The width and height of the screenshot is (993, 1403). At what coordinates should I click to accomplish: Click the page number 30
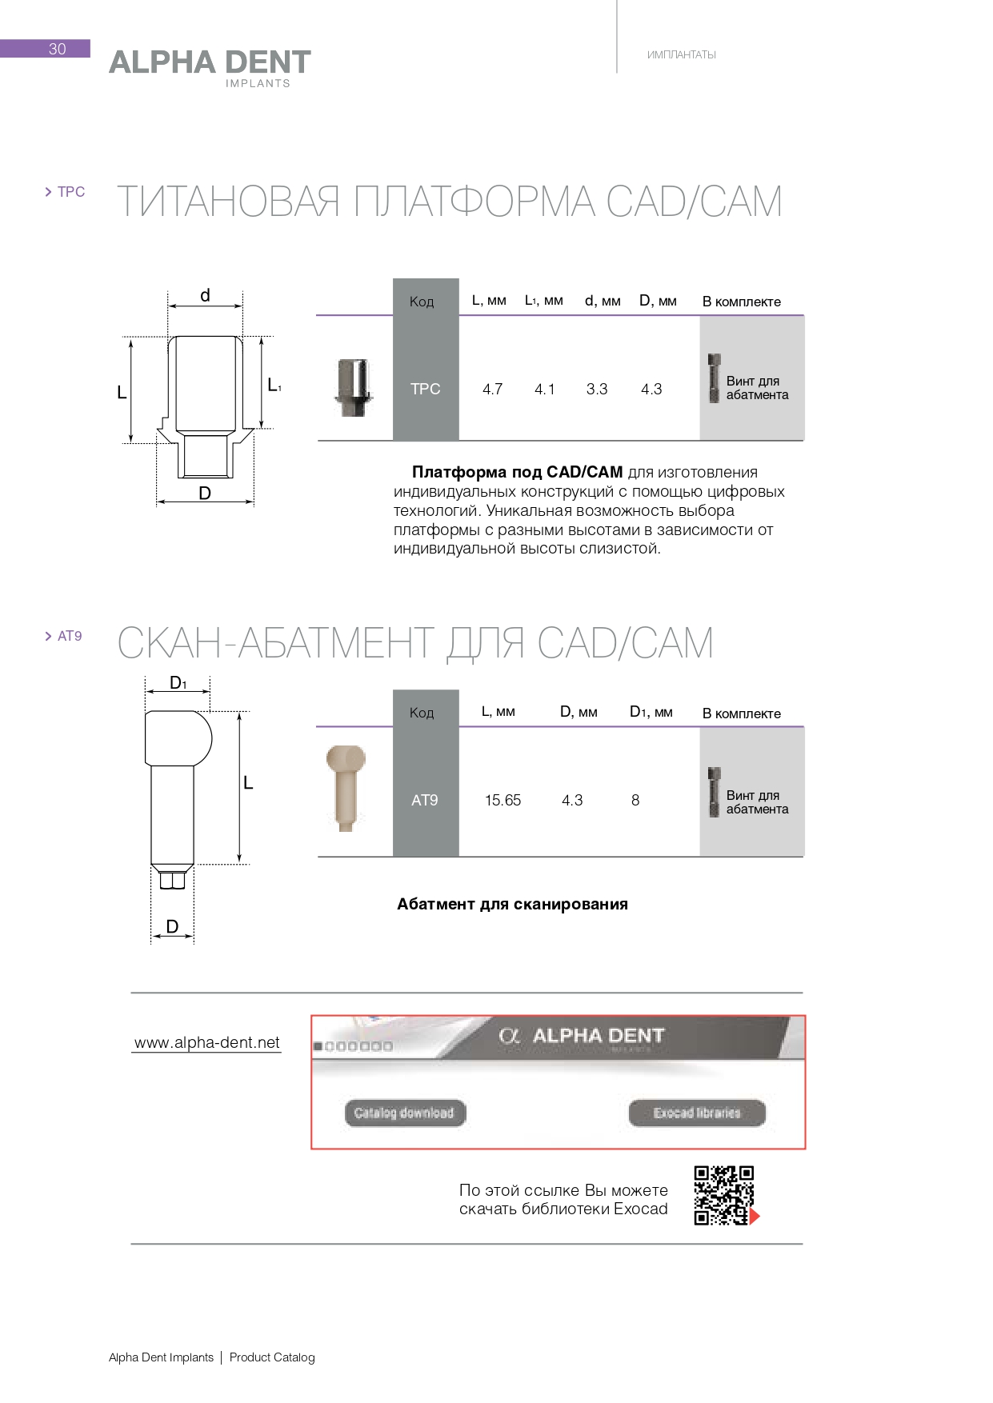click(57, 49)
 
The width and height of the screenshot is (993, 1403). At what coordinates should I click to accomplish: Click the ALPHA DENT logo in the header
click(210, 64)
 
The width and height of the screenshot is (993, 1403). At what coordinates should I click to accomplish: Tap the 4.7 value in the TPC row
click(492, 390)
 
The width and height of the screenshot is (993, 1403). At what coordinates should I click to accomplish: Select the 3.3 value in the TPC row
click(597, 390)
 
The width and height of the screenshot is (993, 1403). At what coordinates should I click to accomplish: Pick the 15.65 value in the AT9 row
click(503, 801)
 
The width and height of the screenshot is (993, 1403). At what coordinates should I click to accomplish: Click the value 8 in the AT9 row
click(635, 801)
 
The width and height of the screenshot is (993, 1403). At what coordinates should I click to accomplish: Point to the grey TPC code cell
click(426, 389)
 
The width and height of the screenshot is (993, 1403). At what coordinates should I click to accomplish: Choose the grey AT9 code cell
click(425, 800)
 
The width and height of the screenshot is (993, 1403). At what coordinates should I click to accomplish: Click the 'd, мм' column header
click(603, 301)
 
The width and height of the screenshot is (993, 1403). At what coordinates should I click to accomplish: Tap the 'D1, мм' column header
click(651, 712)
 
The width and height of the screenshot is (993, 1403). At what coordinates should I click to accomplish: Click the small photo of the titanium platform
click(354, 388)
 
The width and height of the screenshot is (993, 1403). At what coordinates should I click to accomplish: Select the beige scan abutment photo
click(346, 788)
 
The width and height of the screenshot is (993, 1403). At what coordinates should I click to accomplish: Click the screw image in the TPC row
click(715, 378)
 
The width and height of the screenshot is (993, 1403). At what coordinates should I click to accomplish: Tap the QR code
click(724, 1196)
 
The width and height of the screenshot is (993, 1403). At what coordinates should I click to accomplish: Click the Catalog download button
click(404, 1113)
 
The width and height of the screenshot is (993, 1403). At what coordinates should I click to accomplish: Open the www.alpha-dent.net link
click(207, 1042)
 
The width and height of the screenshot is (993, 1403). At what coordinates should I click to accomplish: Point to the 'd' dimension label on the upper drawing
click(205, 296)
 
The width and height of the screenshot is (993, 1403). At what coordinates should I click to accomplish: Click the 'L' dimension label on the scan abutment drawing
click(248, 783)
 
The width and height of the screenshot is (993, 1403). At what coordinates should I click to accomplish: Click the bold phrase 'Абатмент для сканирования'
click(512, 904)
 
